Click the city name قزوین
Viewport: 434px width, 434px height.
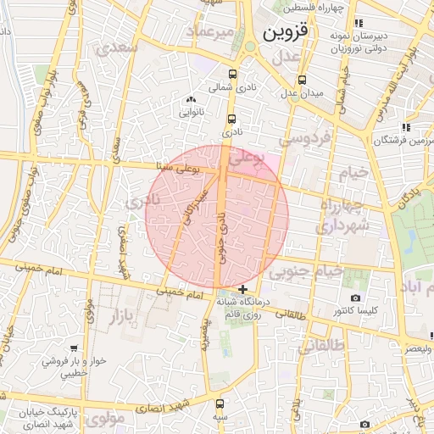pyautogui.click(x=290, y=33)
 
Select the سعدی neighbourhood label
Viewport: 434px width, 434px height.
pyautogui.click(x=117, y=48)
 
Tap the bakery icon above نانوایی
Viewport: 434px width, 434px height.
pyautogui.click(x=189, y=100)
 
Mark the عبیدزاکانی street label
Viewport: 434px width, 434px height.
pyautogui.click(x=194, y=207)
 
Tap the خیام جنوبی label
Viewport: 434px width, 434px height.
pyautogui.click(x=306, y=271)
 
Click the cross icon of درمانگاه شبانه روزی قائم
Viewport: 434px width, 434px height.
pyautogui.click(x=243, y=289)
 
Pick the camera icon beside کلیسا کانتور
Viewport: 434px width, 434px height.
pyautogui.click(x=354, y=298)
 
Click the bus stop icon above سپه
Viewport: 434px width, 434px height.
pyautogui.click(x=220, y=404)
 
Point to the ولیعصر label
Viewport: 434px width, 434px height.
pyautogui.click(x=417, y=348)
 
